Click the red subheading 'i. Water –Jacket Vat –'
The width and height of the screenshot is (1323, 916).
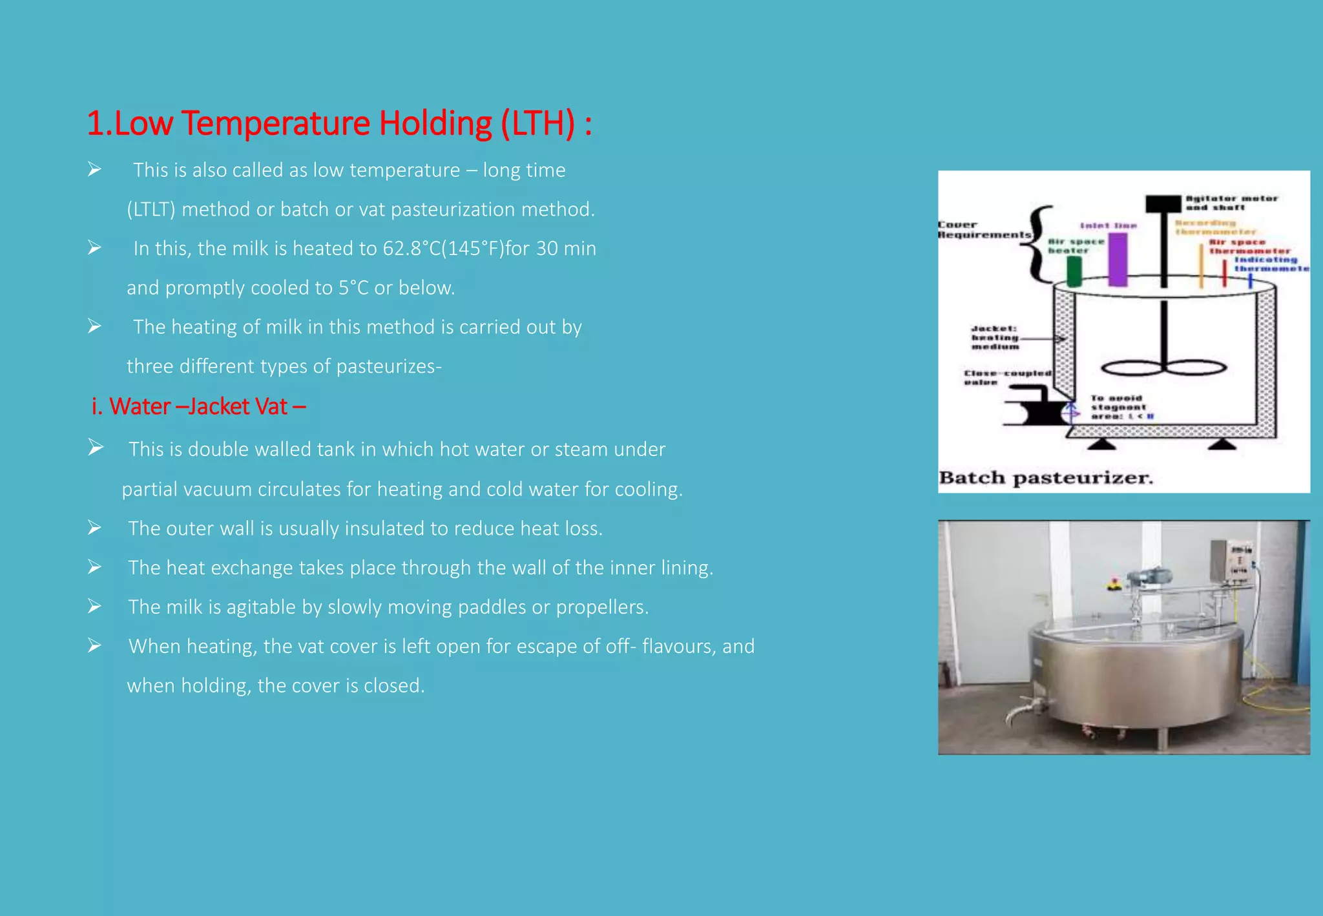pyautogui.click(x=198, y=406)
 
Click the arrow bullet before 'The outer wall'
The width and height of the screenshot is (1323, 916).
pyautogui.click(x=95, y=528)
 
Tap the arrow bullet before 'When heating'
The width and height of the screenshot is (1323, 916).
pyautogui.click(x=95, y=646)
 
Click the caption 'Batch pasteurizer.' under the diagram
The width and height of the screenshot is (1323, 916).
pyautogui.click(x=1045, y=478)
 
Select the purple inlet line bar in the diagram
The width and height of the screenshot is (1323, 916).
pyautogui.click(x=1118, y=260)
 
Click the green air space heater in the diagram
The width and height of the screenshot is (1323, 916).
pyautogui.click(x=1074, y=271)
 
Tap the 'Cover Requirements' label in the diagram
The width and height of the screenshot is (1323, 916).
pyautogui.click(x=983, y=230)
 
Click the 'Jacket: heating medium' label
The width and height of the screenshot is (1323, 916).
pyautogui.click(x=995, y=338)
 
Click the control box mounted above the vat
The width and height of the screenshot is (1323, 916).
pyautogui.click(x=1235, y=562)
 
